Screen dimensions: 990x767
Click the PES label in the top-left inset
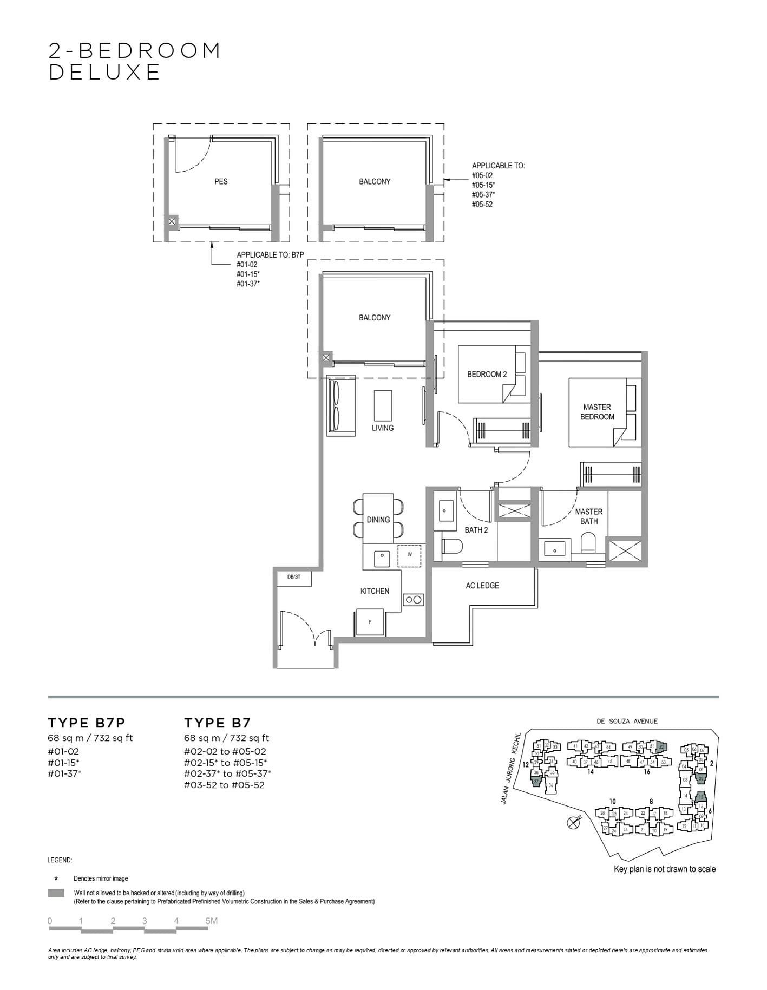221,181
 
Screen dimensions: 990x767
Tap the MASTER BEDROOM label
597,412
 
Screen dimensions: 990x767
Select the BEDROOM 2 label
487,374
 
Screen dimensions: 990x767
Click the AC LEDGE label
482,585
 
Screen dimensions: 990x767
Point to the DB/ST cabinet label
293,577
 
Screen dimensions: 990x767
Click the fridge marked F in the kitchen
370,622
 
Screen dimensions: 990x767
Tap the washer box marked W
409,555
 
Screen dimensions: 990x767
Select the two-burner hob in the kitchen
414,599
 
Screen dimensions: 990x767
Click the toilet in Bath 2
451,548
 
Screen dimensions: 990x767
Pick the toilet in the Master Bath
587,543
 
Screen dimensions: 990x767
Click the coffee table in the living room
383,405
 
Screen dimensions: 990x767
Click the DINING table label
378,520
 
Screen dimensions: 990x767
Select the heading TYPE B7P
87,723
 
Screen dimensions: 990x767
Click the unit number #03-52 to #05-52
224,785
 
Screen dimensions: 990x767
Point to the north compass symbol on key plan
573,823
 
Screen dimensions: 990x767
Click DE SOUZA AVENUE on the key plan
627,721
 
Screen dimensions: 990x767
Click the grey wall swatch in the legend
56,893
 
